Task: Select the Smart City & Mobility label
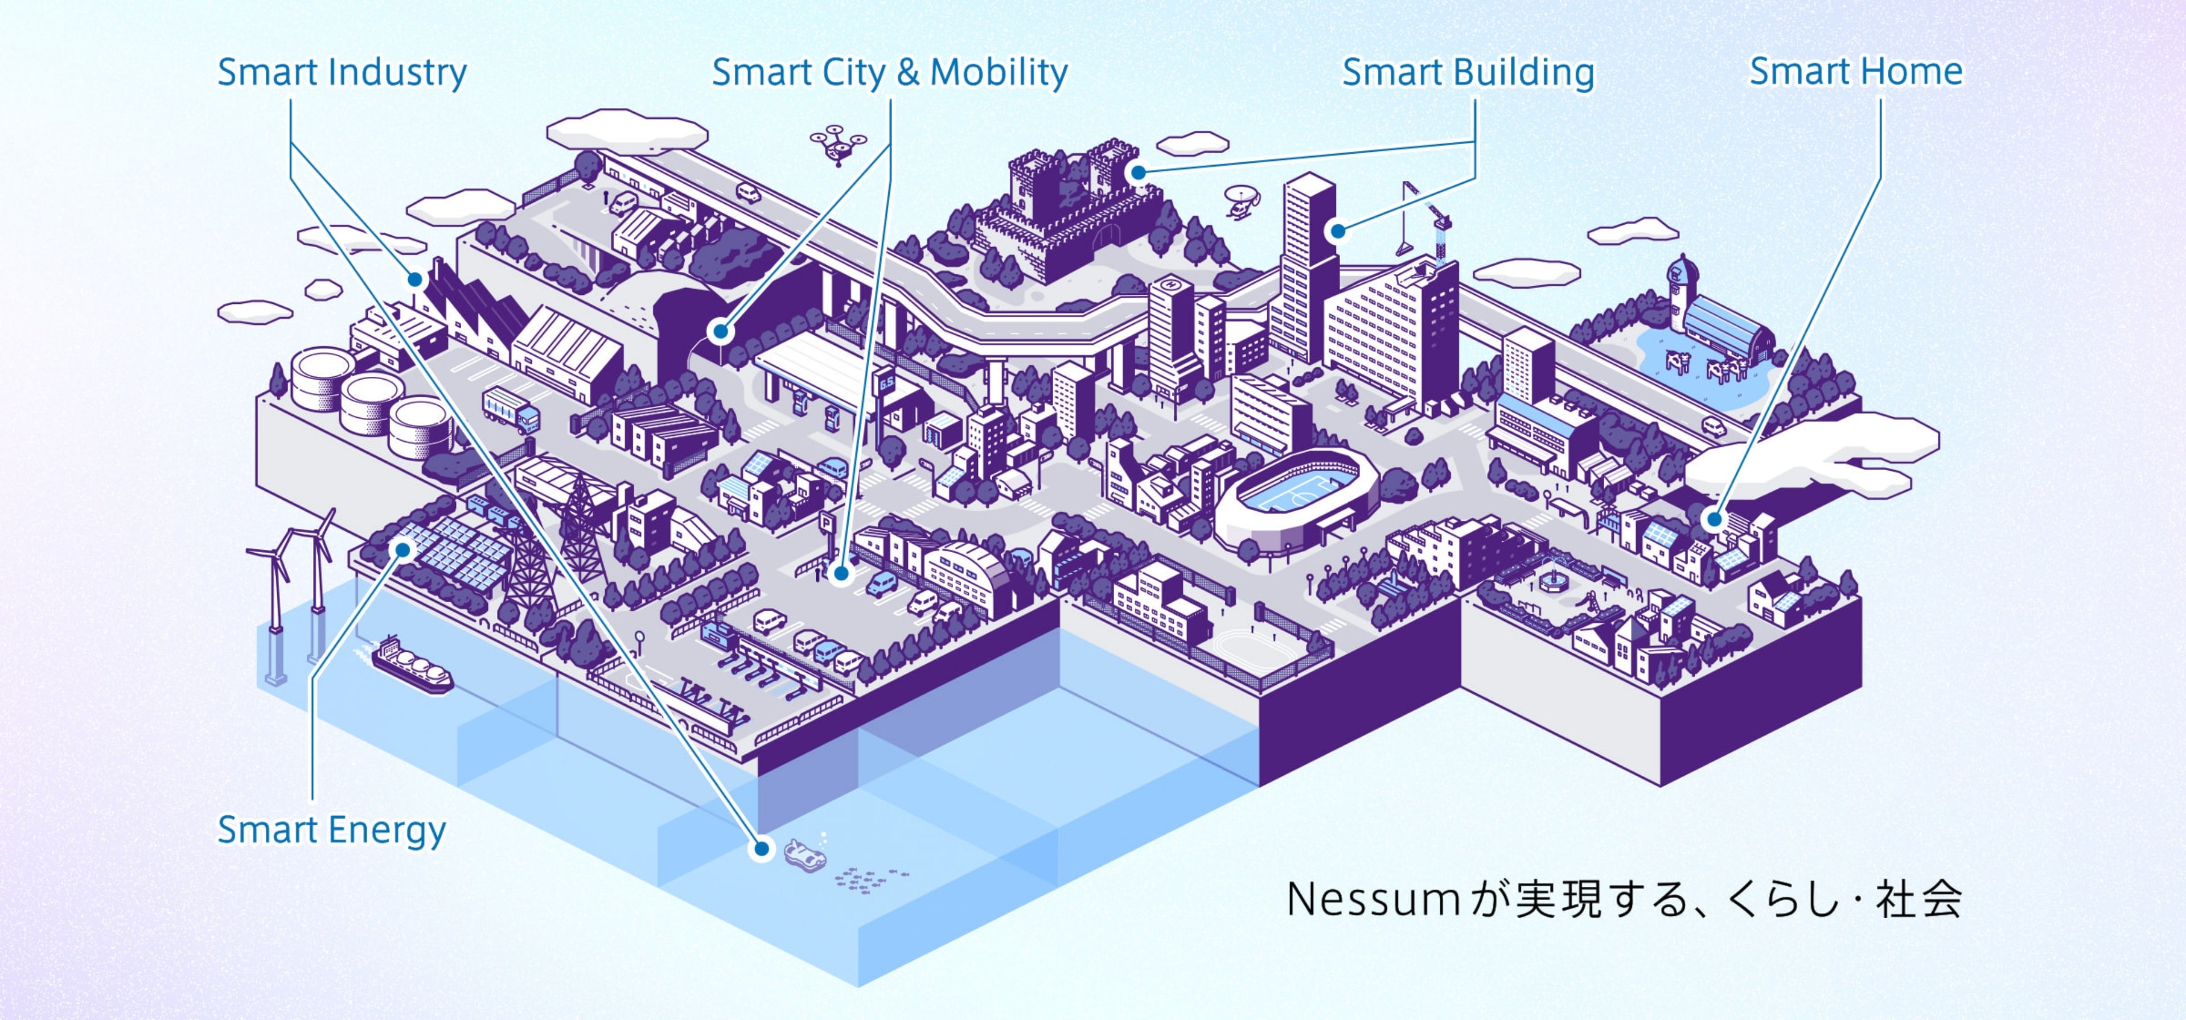pos(889,73)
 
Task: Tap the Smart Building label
pos(1467,73)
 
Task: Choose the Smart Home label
pos(1856,72)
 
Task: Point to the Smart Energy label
pos(331,830)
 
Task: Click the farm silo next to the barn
pos(1680,293)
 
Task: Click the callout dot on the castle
pos(1139,172)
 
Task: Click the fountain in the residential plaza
pos(1552,577)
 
